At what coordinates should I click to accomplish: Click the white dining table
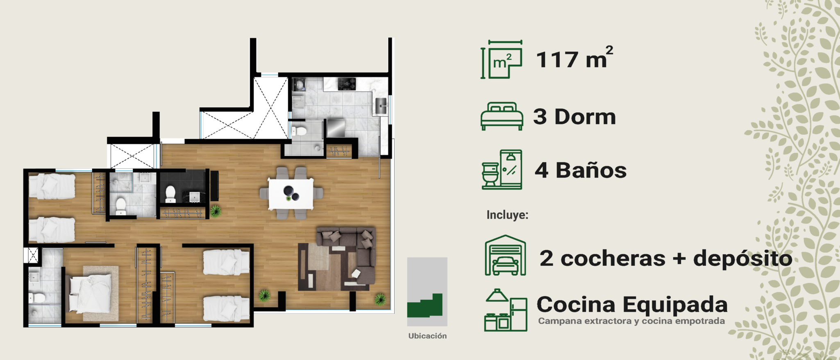coord(291,193)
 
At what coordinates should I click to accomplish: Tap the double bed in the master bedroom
coord(89,293)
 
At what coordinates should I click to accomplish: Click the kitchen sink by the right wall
coord(381,106)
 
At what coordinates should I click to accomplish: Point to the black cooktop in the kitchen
coord(347,84)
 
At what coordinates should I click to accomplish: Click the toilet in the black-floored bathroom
coord(170,194)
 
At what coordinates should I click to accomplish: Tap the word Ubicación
coord(427,336)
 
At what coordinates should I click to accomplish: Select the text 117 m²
coord(574,58)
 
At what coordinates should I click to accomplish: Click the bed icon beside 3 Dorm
coord(502,116)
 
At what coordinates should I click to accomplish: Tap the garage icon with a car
coord(505,255)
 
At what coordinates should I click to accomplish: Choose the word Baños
coord(591,170)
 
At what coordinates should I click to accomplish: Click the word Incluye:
coord(507,215)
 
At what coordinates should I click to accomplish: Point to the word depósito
coord(742,259)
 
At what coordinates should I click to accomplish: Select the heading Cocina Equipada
coord(632,305)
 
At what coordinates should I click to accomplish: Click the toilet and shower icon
coord(502,170)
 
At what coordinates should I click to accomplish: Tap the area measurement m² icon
coord(502,59)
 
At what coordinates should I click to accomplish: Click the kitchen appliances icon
coord(506,310)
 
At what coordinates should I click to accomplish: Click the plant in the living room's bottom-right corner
coord(380,299)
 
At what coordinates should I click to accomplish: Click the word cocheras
coord(613,258)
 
